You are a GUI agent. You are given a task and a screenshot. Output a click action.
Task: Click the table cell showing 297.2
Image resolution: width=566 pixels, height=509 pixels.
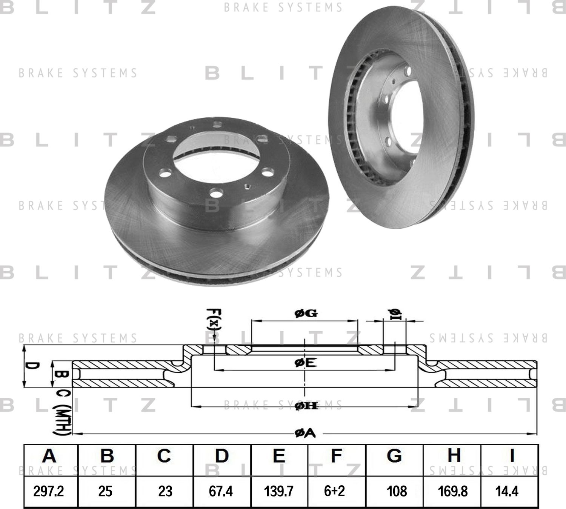[x=49, y=491]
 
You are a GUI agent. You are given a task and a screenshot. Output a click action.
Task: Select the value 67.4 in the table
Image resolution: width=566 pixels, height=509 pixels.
[x=221, y=491]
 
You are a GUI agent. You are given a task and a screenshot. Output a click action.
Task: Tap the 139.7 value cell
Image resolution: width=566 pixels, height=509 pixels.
[x=279, y=491]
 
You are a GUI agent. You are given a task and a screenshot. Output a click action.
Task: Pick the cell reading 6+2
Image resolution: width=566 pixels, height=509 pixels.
[x=335, y=491]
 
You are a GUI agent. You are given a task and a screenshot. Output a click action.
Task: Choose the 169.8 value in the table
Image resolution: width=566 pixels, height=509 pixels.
[x=453, y=491]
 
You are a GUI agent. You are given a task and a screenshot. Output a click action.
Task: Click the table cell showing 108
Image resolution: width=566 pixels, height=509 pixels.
[x=397, y=491]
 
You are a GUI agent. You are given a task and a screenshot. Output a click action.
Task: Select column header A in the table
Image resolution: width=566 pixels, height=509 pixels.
[x=49, y=456]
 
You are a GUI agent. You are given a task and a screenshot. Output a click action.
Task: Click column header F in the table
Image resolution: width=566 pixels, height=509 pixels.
[x=336, y=456]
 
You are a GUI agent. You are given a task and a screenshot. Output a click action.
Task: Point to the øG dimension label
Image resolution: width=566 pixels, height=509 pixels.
[x=305, y=313]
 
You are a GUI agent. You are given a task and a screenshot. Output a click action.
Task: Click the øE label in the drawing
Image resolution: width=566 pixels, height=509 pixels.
[x=305, y=363]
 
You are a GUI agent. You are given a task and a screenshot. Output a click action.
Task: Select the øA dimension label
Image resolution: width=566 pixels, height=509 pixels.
[x=305, y=434]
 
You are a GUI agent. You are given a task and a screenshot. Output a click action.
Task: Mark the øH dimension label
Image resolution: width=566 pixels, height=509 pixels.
[x=306, y=406]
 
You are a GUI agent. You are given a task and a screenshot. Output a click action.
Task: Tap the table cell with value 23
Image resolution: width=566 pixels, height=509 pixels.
[x=165, y=491]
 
